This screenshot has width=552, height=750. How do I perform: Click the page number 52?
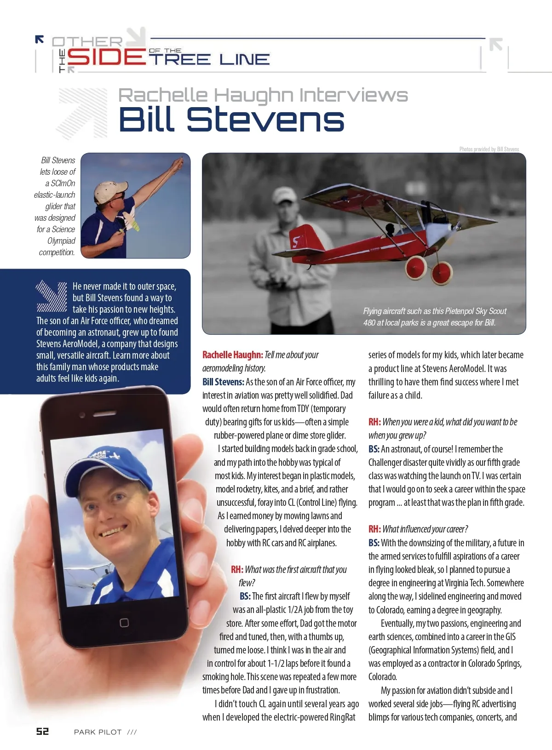click(x=42, y=731)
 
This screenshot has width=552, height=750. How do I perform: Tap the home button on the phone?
click(x=124, y=623)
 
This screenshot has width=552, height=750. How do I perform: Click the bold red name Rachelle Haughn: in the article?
click(x=233, y=355)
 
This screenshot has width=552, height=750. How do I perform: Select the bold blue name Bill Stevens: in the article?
click(x=223, y=382)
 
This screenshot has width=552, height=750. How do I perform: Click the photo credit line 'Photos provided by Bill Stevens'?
click(x=489, y=149)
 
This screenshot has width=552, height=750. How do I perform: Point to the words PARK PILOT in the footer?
click(x=98, y=732)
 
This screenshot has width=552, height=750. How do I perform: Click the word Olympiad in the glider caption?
click(x=61, y=241)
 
